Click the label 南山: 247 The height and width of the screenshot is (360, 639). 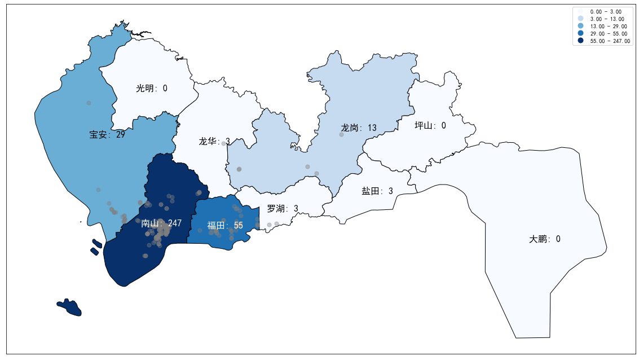(x=161, y=223)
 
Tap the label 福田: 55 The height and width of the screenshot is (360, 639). (x=224, y=226)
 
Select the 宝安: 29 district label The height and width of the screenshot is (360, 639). (x=107, y=135)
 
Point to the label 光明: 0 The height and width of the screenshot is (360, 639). (x=152, y=88)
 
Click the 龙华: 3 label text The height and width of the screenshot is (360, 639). (x=214, y=141)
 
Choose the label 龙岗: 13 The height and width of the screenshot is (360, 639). (x=359, y=128)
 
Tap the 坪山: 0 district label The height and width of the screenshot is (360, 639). (x=430, y=125)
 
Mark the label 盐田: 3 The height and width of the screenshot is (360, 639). (x=377, y=191)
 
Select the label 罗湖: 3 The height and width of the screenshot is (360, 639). (x=283, y=209)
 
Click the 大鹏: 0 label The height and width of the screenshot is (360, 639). (x=545, y=239)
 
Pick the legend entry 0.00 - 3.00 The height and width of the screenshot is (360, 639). (x=605, y=12)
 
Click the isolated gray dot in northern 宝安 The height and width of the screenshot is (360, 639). (x=89, y=103)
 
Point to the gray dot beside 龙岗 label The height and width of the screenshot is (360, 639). (x=341, y=134)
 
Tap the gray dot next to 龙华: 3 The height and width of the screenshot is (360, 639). (x=224, y=143)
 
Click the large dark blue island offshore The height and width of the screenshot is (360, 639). (x=70, y=308)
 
